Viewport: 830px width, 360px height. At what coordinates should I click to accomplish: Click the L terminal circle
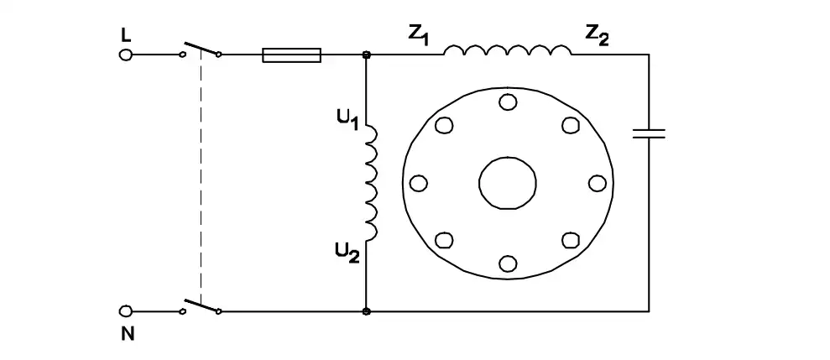click(125, 55)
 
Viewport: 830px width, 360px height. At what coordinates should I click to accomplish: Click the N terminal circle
click(125, 310)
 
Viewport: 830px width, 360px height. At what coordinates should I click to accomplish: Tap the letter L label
click(126, 35)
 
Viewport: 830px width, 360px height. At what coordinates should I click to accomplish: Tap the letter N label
click(128, 334)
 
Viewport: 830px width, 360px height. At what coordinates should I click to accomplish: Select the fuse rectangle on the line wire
click(292, 55)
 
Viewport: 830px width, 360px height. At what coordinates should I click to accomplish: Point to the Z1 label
click(418, 35)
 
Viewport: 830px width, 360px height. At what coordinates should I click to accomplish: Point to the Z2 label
click(597, 35)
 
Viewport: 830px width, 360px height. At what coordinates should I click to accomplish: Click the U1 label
click(347, 120)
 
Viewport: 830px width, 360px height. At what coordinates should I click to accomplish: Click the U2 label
click(347, 252)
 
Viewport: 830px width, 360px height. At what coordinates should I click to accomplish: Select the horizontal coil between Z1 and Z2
click(508, 50)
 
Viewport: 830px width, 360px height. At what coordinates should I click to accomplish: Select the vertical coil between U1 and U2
click(372, 182)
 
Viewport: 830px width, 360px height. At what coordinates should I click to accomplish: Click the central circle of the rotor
click(508, 183)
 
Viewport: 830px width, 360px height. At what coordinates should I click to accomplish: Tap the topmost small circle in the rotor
click(508, 101)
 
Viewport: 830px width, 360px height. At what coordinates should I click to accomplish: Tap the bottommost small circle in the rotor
click(508, 263)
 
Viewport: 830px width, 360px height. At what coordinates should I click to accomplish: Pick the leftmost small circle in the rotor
click(418, 183)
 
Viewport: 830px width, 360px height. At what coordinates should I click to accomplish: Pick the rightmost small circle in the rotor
click(597, 183)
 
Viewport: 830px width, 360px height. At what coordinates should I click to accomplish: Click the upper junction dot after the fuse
click(366, 55)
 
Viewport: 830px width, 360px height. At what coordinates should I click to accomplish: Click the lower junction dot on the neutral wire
click(366, 311)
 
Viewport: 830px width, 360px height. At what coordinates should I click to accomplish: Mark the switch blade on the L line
click(201, 47)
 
